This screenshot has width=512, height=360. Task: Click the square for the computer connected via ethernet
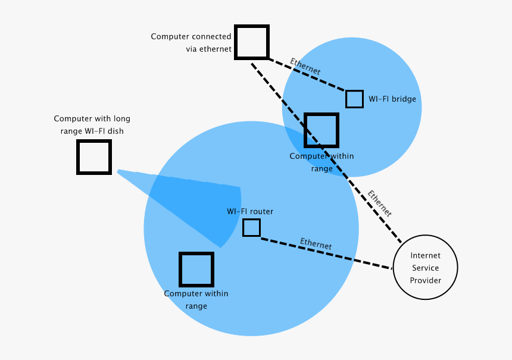coord(252,42)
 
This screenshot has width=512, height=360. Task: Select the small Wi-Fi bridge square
coord(354,99)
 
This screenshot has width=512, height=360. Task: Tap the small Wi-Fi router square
coord(251,228)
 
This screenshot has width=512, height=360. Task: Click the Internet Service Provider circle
coord(425,267)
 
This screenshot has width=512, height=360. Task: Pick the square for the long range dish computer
coord(94,157)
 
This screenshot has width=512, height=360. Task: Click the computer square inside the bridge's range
coord(321,130)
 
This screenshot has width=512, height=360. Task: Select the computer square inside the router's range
coord(196,270)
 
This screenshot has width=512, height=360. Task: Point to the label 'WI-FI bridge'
coord(392,99)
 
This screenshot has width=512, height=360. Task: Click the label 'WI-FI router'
coord(250,211)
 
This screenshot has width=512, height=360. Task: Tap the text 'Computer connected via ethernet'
coord(191,43)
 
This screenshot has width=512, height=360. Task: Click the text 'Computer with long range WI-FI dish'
coord(92,125)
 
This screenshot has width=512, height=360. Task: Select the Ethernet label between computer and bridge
coord(305,66)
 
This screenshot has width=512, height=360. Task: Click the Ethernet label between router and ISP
coord(316,243)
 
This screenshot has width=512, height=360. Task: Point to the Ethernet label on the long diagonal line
coord(379,203)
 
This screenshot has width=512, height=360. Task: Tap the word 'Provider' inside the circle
coord(425,280)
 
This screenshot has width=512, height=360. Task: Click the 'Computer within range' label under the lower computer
coord(196,300)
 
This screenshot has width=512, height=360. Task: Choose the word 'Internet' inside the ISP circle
coord(425,255)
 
